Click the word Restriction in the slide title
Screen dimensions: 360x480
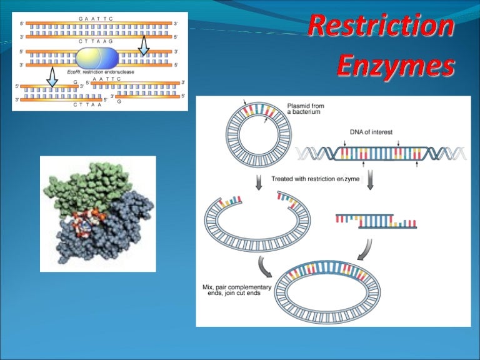tap(381, 27)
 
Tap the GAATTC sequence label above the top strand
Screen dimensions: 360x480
tap(96, 19)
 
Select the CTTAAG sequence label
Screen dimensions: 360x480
tap(96, 41)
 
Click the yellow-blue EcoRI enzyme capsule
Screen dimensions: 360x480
tap(97, 58)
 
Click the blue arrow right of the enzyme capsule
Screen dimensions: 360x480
tap(144, 44)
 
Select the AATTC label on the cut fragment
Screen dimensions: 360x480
tap(106, 79)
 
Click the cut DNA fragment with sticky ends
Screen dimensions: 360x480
tap(376, 220)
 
